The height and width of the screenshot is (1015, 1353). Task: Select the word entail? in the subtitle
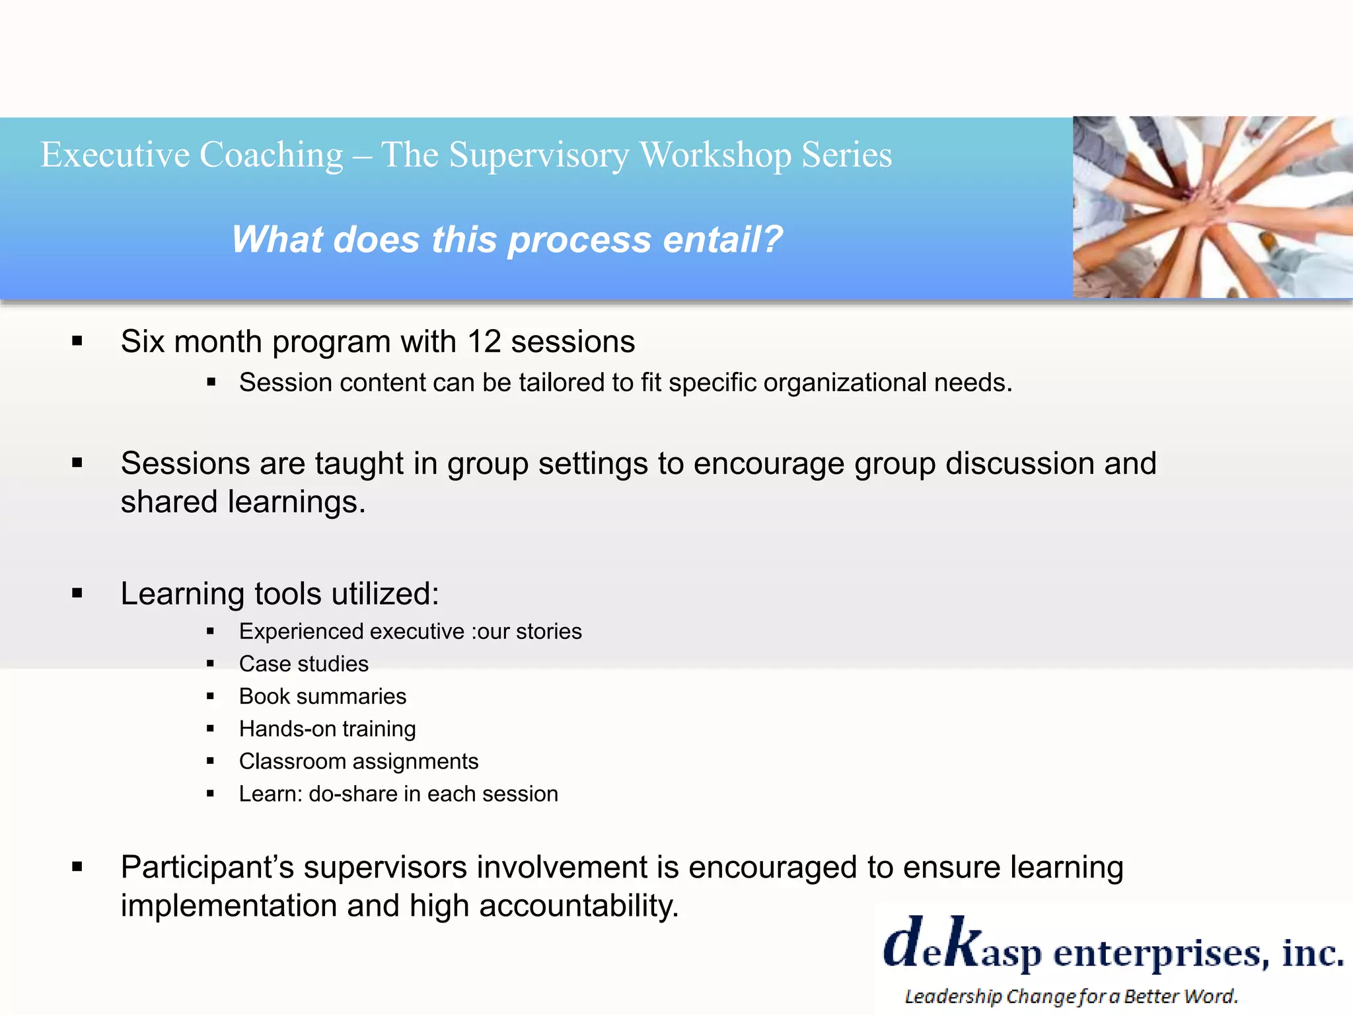click(723, 239)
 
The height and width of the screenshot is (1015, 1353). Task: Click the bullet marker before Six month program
click(77, 342)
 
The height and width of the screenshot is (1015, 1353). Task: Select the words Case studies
click(303, 663)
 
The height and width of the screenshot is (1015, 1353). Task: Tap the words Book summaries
click(322, 696)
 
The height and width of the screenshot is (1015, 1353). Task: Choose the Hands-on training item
click(327, 728)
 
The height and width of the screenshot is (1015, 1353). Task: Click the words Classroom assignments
click(358, 761)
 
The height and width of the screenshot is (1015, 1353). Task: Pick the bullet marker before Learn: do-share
click(210, 794)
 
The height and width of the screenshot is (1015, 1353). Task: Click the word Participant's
click(207, 867)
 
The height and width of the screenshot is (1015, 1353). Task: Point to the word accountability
click(578, 905)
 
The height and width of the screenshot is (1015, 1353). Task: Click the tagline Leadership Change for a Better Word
click(1070, 996)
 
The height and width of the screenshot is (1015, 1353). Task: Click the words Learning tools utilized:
click(279, 593)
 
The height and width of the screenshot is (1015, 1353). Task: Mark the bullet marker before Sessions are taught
click(77, 463)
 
